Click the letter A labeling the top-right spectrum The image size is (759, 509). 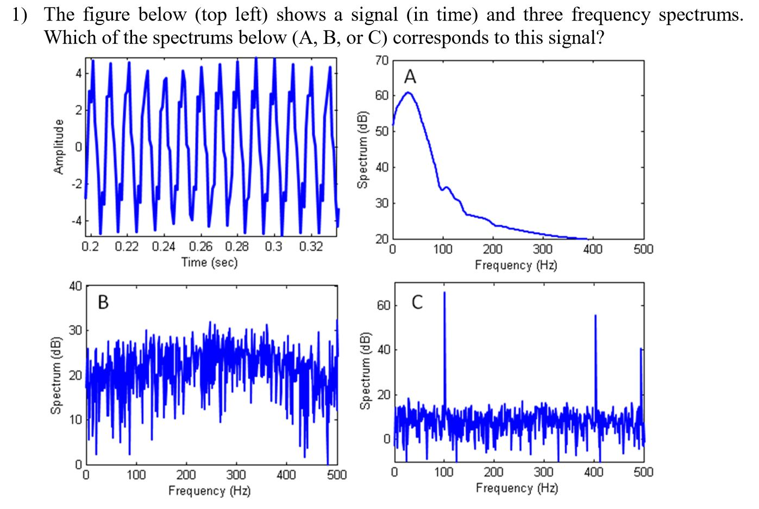[410, 77]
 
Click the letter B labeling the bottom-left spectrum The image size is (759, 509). [103, 302]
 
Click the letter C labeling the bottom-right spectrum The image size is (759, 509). [417, 302]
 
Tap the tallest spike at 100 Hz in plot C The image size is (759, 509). [444, 296]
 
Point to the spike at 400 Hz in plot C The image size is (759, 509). [595, 317]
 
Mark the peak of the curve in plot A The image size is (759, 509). [407, 93]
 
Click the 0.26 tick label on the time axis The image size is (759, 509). [200, 247]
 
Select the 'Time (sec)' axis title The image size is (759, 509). [209, 263]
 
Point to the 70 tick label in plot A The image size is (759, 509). [381, 60]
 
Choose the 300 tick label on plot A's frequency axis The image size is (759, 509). [543, 250]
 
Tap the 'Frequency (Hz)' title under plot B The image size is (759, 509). [209, 491]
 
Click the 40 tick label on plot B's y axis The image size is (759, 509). [75, 286]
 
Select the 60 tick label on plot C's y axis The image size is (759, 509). [384, 306]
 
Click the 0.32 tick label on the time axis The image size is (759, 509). [311, 247]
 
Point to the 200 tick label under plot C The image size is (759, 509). [493, 472]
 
